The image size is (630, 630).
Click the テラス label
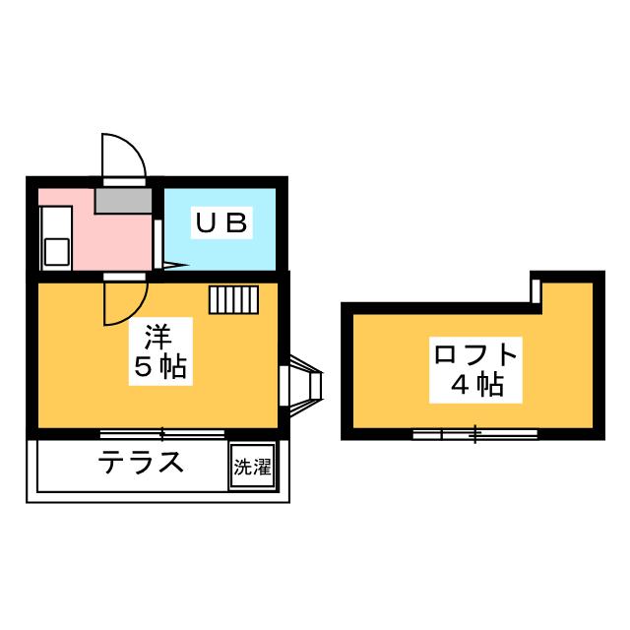[141, 463]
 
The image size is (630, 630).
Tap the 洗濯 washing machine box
[252, 468]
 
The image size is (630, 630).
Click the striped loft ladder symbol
[232, 299]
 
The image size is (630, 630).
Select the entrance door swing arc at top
[124, 156]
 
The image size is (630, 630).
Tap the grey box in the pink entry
[124, 201]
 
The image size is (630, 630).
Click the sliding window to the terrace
[162, 433]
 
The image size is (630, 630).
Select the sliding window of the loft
[474, 433]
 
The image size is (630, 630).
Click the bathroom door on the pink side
[157, 241]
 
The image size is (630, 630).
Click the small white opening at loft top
[536, 290]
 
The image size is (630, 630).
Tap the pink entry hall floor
[108, 241]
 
